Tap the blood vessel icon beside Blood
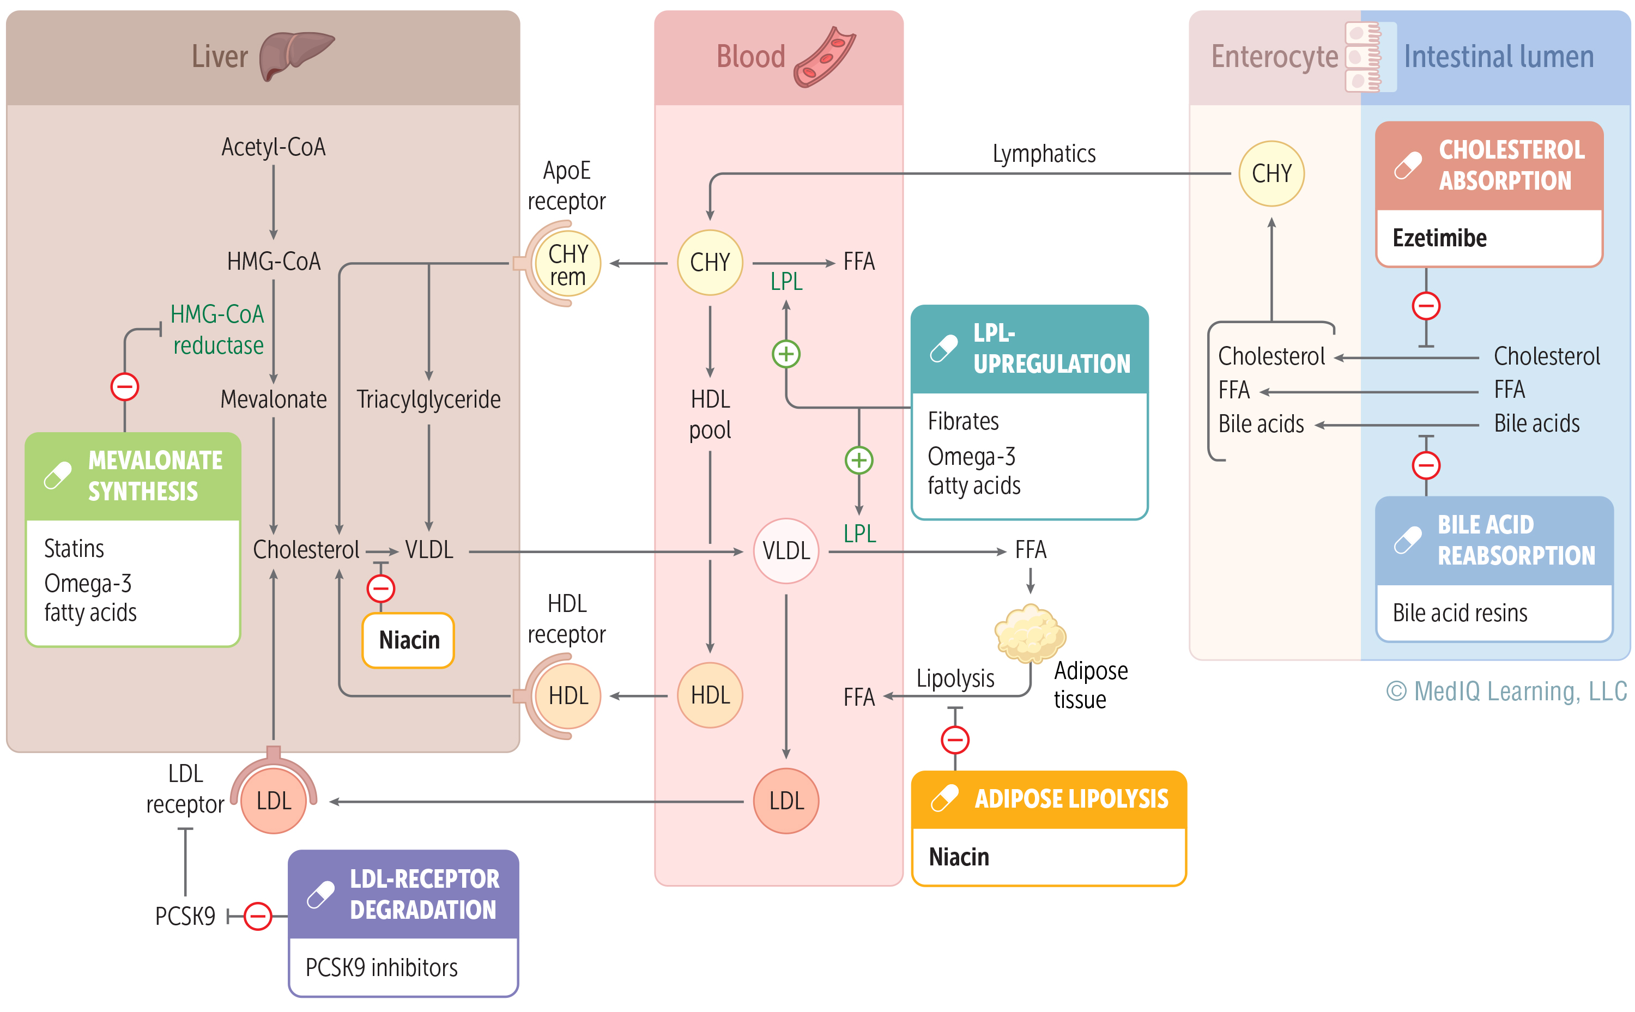[x=824, y=58]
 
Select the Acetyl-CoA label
[x=273, y=147]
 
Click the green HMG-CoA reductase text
[x=217, y=330]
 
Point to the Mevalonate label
[x=273, y=399]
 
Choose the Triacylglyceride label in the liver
[x=428, y=399]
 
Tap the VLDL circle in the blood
[x=786, y=551]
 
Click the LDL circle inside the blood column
[x=786, y=801]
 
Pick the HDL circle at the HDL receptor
[x=567, y=695]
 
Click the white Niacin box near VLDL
[x=408, y=640]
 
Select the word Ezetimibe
[x=1439, y=238]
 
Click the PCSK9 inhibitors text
[x=381, y=968]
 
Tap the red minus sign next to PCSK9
[x=258, y=916]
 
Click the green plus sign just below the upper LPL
[x=786, y=354]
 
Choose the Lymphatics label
[x=1043, y=154]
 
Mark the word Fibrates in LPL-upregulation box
[x=962, y=422]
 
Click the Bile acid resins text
[x=1459, y=613]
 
